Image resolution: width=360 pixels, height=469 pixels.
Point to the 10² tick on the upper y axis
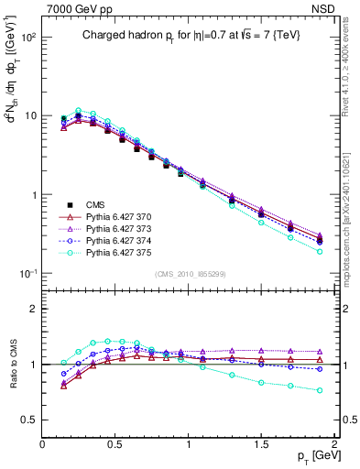click(29, 38)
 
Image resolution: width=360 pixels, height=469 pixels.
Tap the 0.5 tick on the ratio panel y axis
click(31, 420)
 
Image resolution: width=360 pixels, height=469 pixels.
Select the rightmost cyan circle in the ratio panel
click(320, 390)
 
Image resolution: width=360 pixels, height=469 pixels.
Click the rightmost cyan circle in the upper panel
click(320, 251)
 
